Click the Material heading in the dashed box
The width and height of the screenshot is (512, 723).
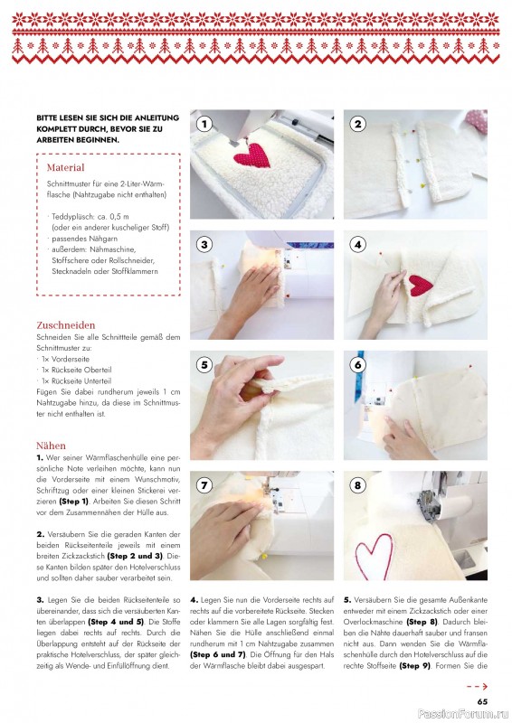65,167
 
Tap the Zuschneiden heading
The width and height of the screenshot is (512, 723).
65,325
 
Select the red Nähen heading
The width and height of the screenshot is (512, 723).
51,446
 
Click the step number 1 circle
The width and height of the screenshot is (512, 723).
204,124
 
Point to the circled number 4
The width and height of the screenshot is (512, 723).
358,244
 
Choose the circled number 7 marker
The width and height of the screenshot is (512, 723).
204,485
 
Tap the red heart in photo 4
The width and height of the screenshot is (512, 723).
419,286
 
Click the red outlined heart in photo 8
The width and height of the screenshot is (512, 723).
374,556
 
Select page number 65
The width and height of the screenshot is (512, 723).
482,701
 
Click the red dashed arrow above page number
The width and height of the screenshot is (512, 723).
477,687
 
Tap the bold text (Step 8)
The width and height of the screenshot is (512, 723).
422,622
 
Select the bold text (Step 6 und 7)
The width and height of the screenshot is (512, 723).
217,654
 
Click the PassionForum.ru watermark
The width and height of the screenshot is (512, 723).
462,714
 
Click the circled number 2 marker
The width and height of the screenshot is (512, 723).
358,124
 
